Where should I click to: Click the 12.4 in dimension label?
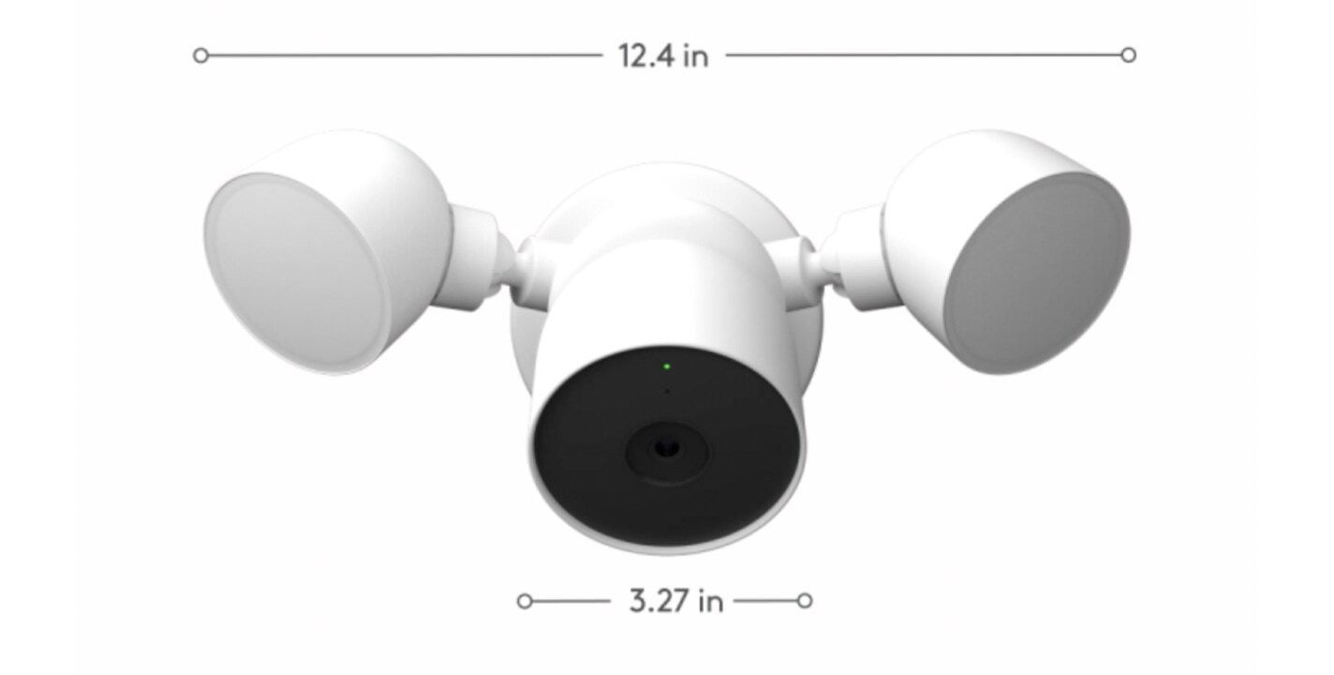point(663,56)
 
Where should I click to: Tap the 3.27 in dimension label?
point(676,601)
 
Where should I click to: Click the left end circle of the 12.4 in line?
point(200,56)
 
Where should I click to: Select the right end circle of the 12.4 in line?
point(1128,55)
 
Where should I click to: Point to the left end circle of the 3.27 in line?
point(524,601)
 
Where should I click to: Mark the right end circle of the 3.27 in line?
point(804,601)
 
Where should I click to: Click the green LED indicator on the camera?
point(666,367)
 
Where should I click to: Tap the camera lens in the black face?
point(666,449)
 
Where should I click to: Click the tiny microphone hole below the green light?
point(666,391)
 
